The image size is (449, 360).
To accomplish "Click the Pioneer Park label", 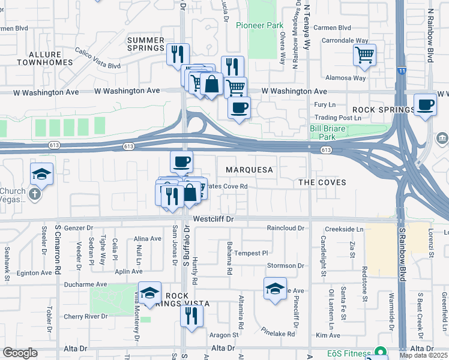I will (x=259, y=25).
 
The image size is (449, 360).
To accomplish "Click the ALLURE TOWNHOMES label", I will (x=46, y=58).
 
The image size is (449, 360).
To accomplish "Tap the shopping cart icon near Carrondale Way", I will (x=364, y=55).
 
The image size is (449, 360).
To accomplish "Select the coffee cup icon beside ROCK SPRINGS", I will (x=425, y=105).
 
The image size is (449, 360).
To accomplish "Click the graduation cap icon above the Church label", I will (x=41, y=174).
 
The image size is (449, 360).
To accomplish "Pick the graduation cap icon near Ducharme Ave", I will (x=150, y=292).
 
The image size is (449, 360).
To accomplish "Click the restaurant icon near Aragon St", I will (x=191, y=315).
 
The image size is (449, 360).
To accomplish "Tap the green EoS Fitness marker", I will (x=379, y=352).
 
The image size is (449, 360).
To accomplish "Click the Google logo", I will (x=20, y=353).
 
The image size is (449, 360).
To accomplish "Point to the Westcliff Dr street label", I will (x=214, y=220).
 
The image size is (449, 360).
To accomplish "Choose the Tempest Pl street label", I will (x=250, y=253).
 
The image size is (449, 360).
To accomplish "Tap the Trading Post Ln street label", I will (x=338, y=118).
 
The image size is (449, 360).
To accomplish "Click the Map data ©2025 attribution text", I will (x=423, y=355).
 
